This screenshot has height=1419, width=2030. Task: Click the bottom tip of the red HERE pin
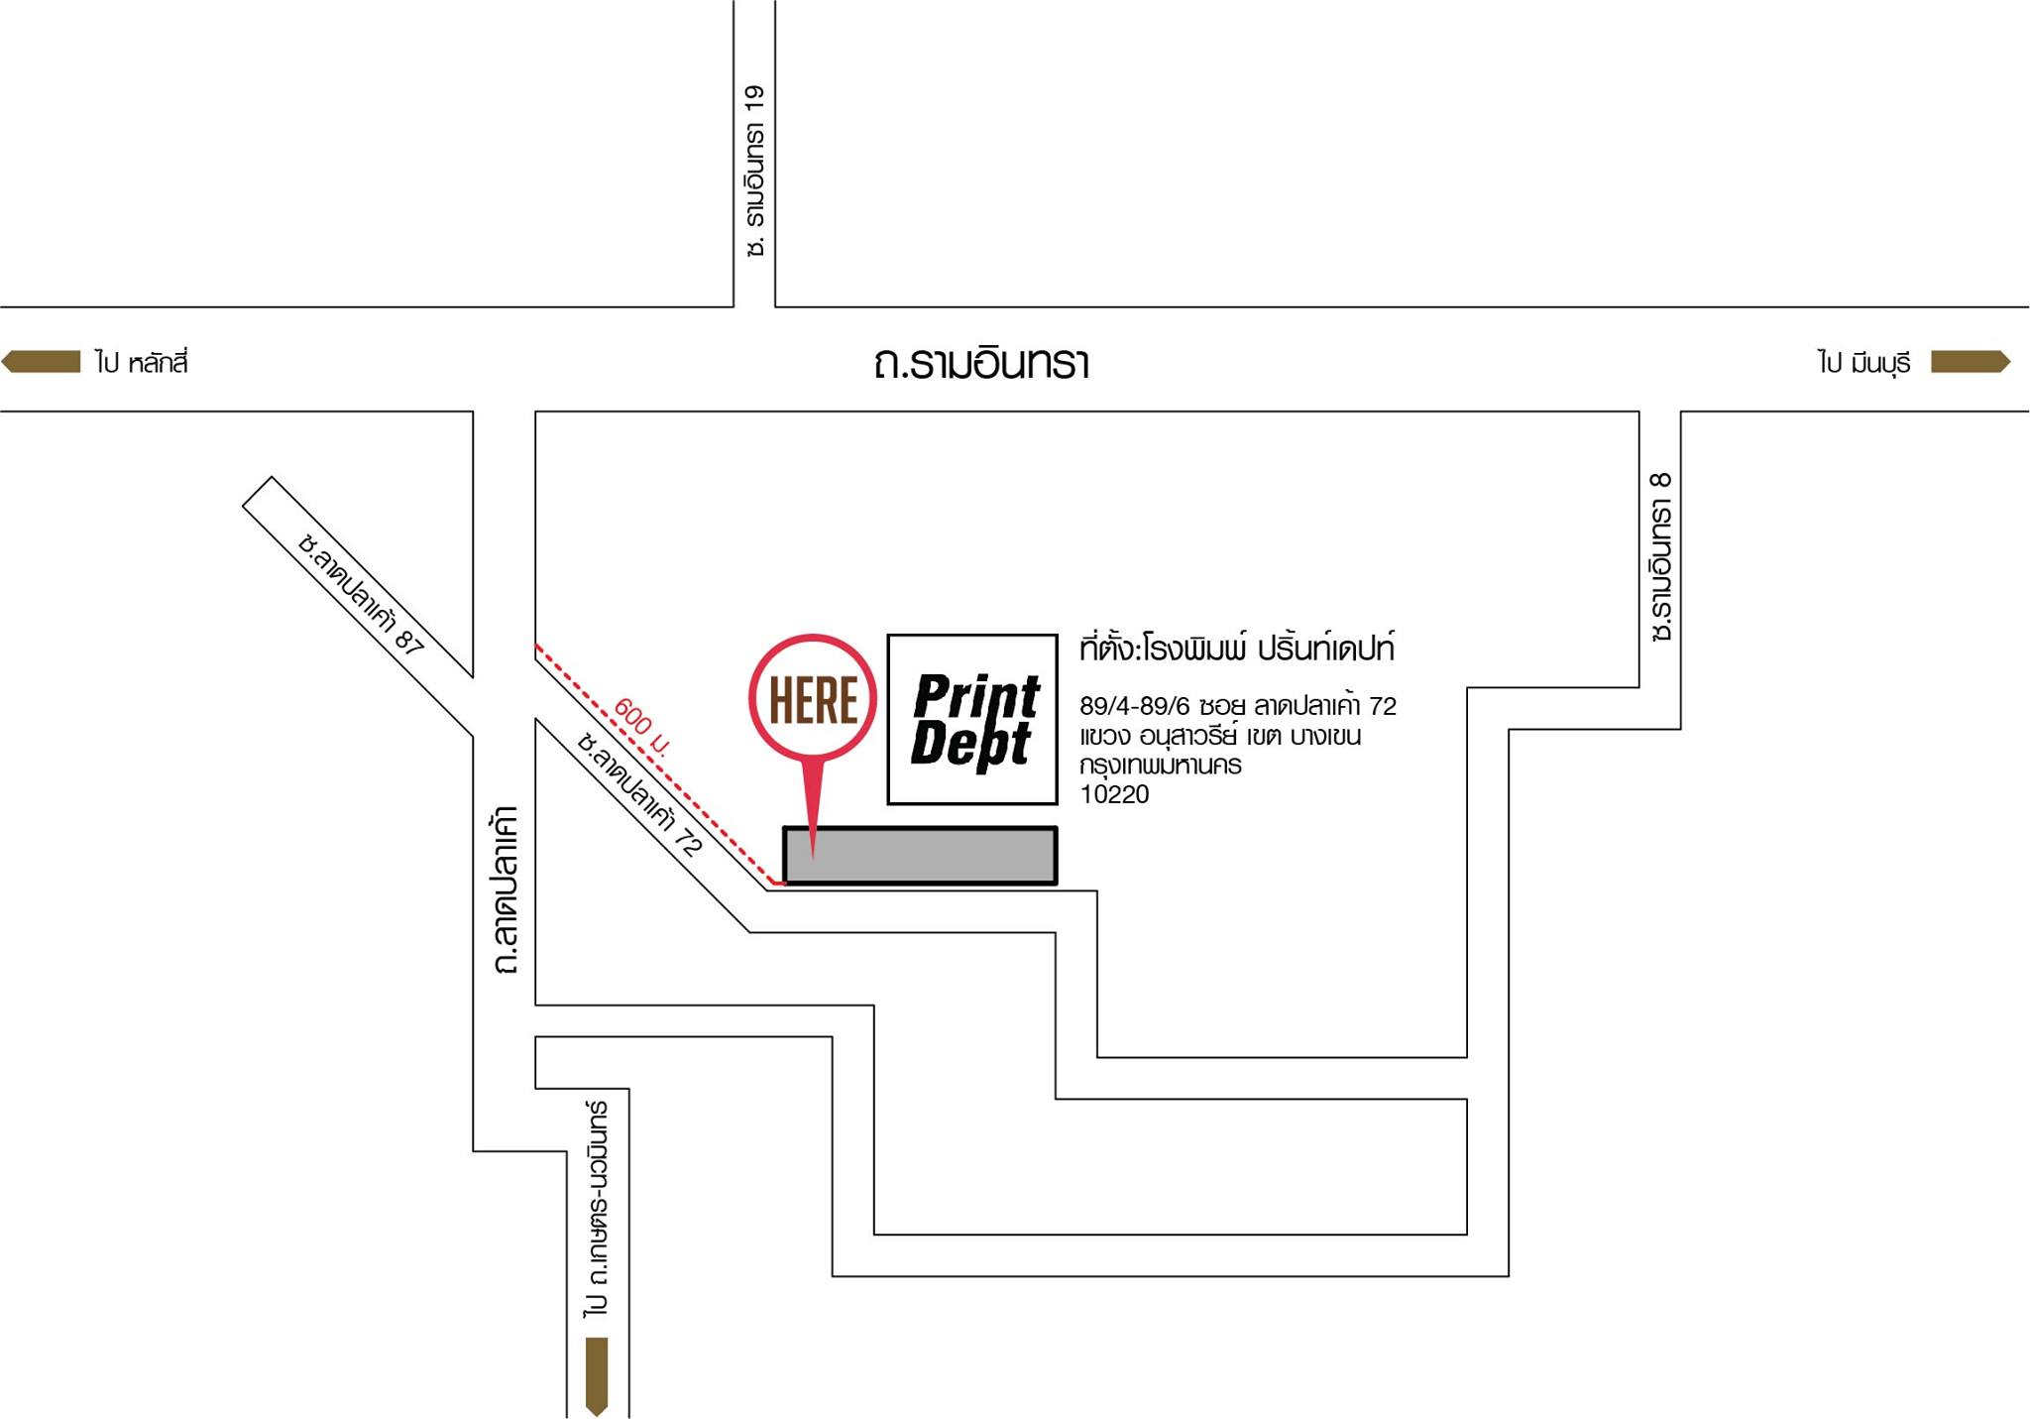click(x=813, y=859)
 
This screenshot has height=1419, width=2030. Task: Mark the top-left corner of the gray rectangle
click(x=783, y=826)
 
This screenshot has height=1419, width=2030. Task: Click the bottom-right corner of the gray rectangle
click(x=1058, y=885)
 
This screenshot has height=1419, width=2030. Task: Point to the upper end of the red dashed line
click(x=536, y=645)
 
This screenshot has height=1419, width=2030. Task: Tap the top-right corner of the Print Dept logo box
click(x=1059, y=635)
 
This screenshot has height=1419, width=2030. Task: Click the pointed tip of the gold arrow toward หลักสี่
click(x=2, y=362)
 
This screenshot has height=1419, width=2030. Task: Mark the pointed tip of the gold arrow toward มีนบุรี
click(x=2010, y=362)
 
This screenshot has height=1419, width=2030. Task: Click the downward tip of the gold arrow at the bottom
click(x=597, y=1415)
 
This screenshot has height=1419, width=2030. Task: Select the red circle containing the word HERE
click(x=813, y=699)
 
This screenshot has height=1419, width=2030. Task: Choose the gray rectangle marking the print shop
click(x=920, y=855)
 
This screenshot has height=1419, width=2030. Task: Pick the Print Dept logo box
click(x=972, y=719)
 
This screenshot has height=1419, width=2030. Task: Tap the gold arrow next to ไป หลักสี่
click(x=41, y=362)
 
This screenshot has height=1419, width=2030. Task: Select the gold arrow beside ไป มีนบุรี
click(x=1971, y=362)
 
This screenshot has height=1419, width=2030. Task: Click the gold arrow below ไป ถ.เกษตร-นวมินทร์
click(x=597, y=1376)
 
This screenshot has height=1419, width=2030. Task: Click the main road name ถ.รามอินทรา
click(x=981, y=363)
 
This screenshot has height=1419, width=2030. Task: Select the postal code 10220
click(x=1114, y=794)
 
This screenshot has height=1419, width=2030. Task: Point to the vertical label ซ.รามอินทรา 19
click(x=754, y=172)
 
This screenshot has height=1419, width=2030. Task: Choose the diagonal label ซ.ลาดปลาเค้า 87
click(x=361, y=593)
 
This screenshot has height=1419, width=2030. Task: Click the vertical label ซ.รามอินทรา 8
click(x=1661, y=556)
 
